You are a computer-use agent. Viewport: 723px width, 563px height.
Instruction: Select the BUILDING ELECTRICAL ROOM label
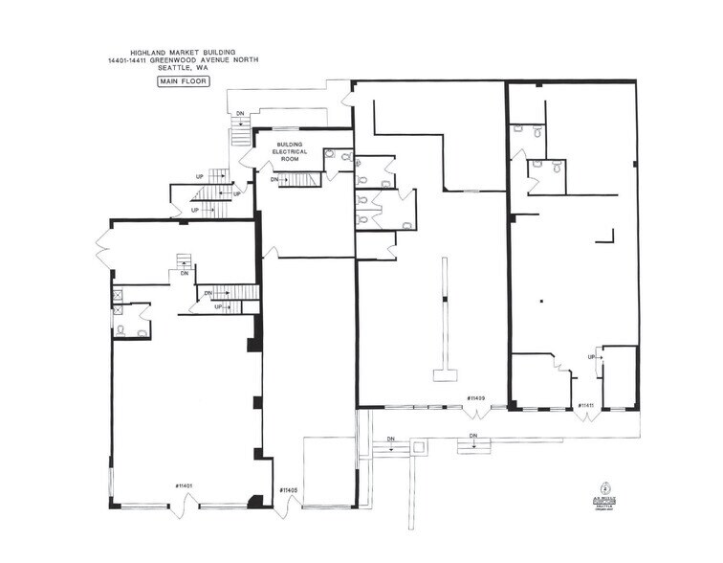pos(288,152)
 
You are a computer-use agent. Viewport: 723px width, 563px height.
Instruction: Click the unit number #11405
pos(289,489)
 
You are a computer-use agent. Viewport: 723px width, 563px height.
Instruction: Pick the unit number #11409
pos(475,397)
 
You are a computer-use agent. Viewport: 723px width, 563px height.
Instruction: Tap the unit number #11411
pos(585,405)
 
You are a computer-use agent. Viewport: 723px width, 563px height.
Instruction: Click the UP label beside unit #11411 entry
pos(591,357)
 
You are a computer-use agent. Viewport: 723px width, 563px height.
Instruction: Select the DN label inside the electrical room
pos(274,180)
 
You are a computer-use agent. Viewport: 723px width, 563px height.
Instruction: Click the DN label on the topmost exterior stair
pos(240,114)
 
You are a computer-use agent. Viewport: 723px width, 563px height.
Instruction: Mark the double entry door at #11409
pos(475,413)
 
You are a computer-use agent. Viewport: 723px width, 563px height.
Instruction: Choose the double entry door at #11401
pos(184,509)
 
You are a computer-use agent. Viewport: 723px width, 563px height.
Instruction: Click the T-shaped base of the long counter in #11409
pos(445,374)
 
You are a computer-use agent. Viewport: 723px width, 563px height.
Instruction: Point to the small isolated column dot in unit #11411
pos(541,302)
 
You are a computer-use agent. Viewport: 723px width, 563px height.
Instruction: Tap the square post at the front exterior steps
pos(420,447)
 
